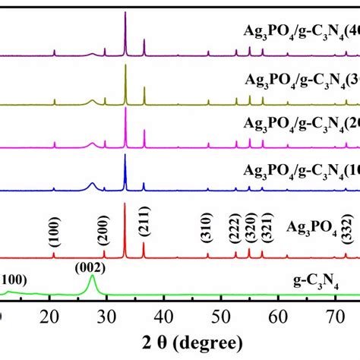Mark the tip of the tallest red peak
coord(125,203)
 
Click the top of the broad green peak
coord(93,276)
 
